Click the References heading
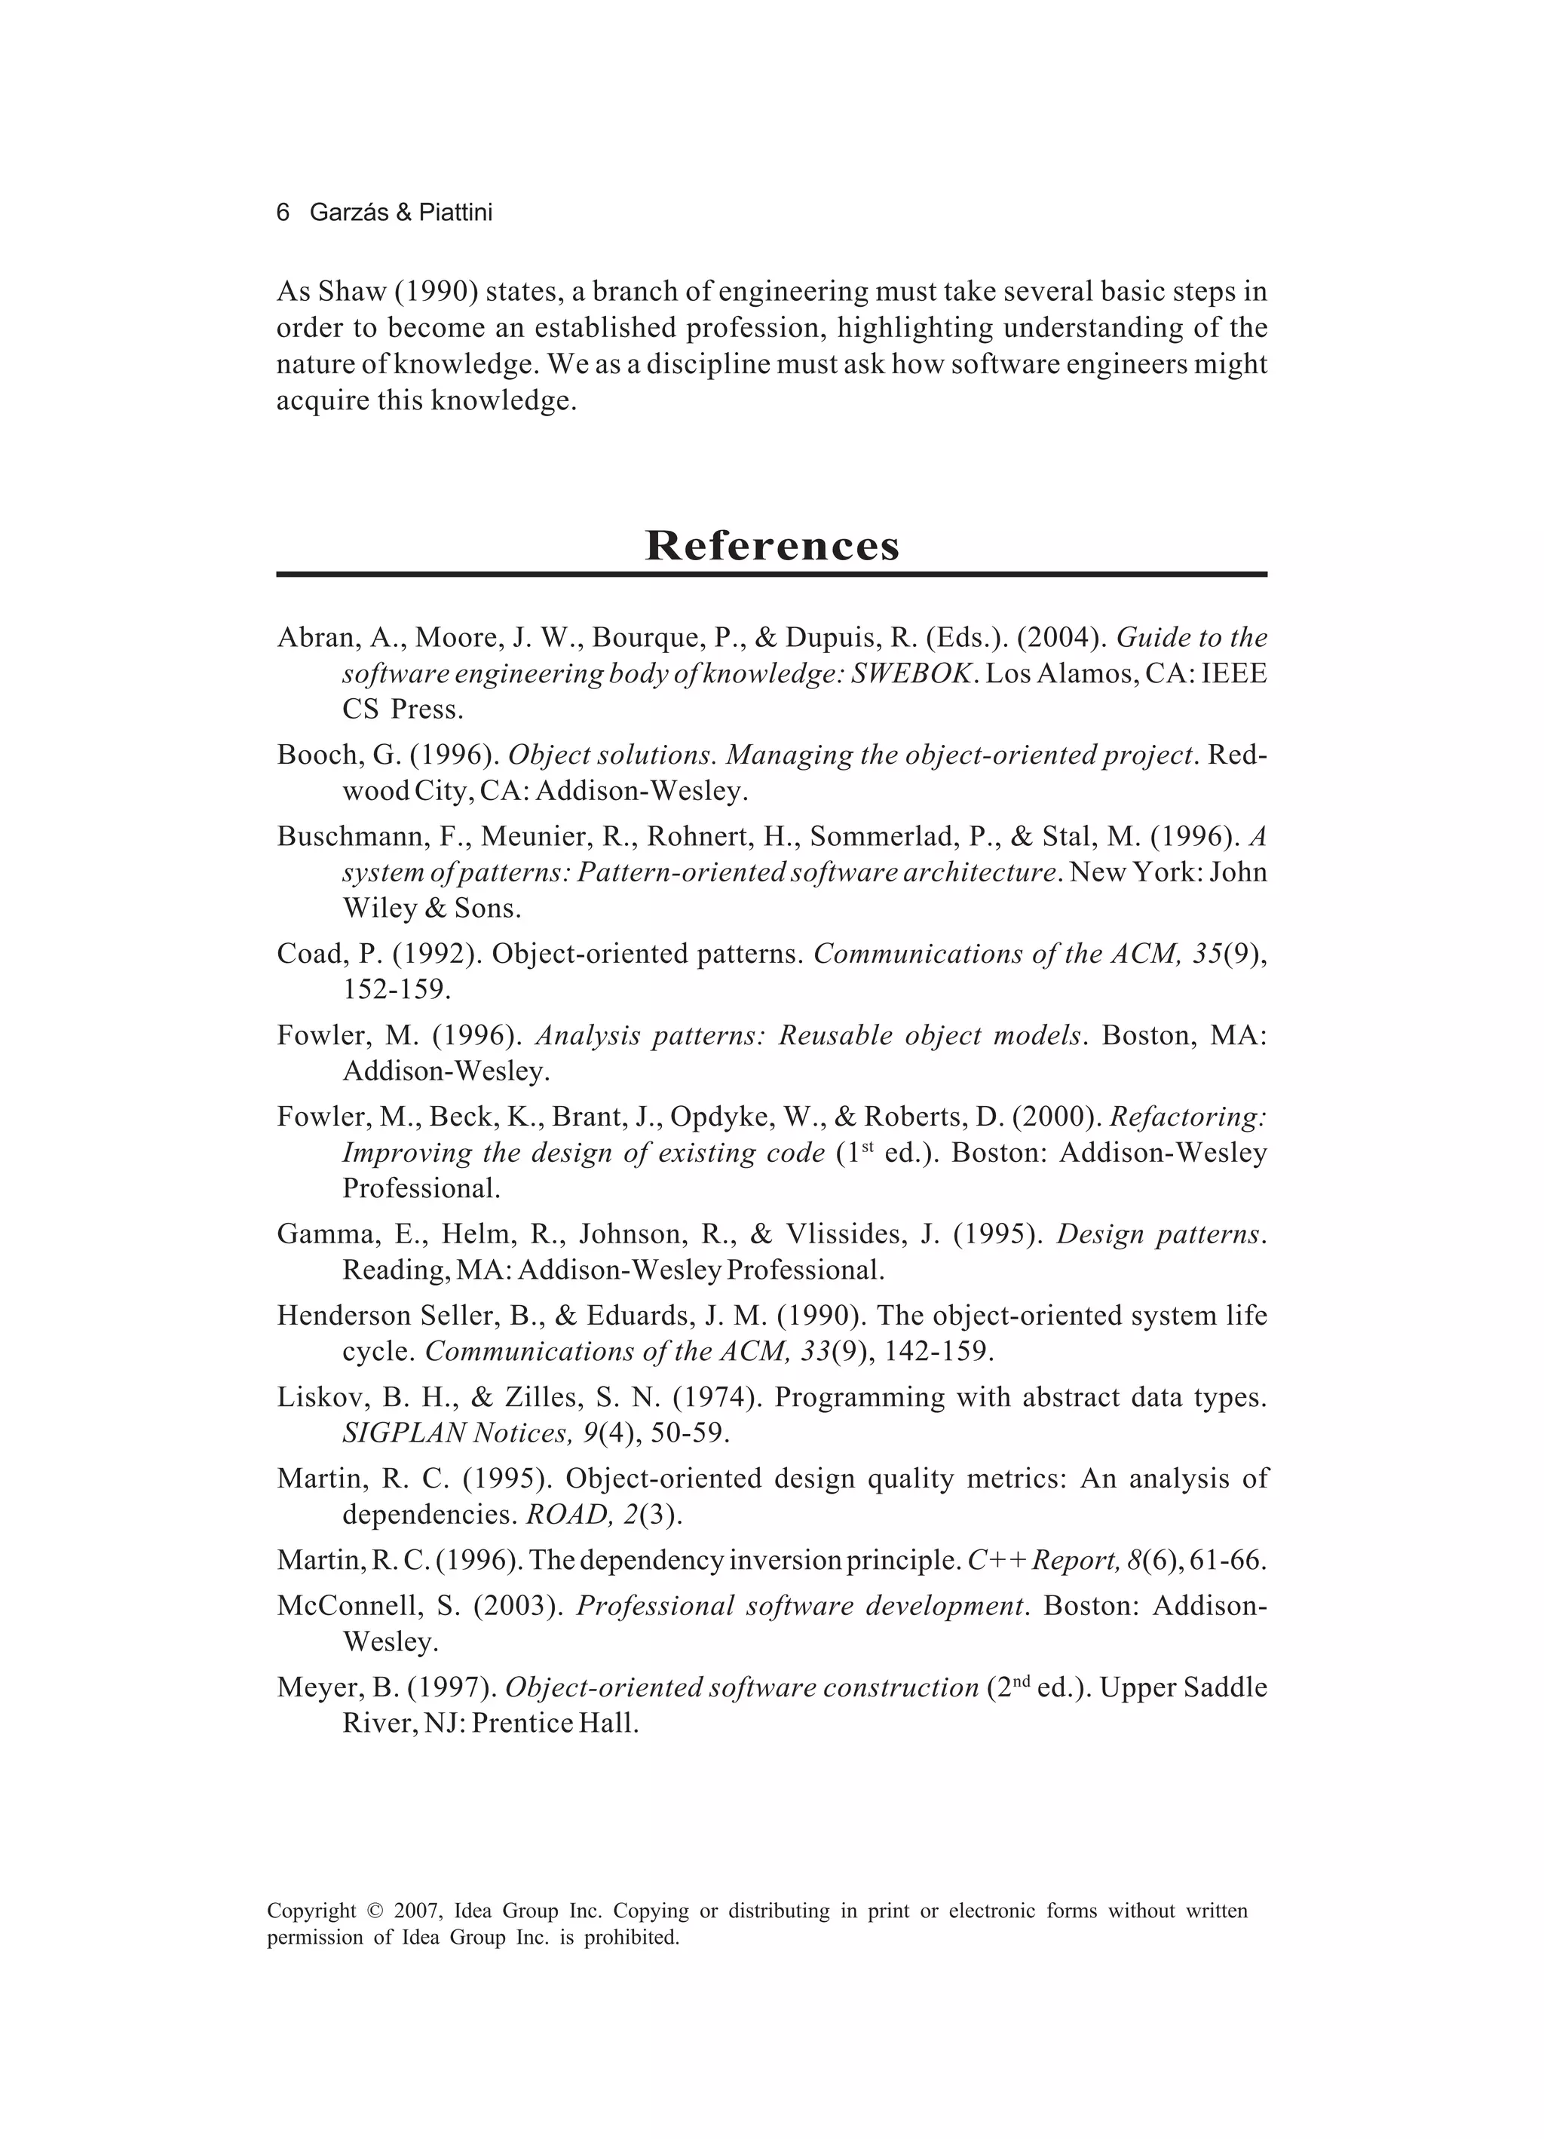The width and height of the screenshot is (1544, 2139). click(771, 546)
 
